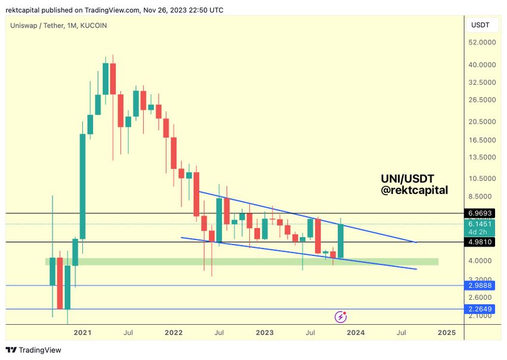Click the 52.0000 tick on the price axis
point(482,43)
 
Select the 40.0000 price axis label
point(482,64)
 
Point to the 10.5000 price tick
point(482,179)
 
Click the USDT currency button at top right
point(481,25)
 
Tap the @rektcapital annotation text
point(414,190)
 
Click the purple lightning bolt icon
point(341,317)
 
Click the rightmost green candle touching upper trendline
point(341,241)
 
